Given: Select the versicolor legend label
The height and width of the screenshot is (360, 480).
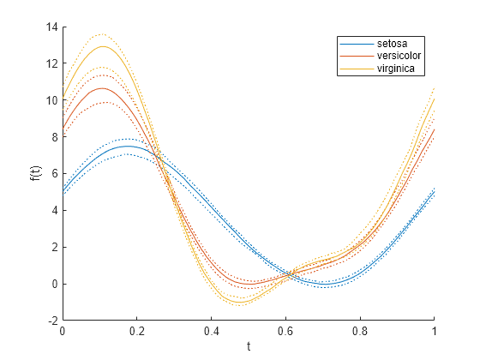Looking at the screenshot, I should (398, 56).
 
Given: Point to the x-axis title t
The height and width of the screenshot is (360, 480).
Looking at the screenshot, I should (249, 346).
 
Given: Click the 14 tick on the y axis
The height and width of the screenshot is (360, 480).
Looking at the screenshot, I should (51, 27).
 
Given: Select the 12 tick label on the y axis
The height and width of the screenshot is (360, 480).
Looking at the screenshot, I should (51, 63).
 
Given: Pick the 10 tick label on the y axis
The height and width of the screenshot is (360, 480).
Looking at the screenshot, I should (51, 100).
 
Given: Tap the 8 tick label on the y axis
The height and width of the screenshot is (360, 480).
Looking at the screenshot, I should (54, 137).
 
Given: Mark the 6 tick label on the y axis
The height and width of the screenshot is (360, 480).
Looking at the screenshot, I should (54, 174).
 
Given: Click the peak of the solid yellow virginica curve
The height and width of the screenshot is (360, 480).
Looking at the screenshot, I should (102, 46).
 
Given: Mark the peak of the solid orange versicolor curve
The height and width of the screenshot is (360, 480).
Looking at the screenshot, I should (103, 88).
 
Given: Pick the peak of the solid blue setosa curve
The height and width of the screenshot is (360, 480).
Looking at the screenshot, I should (127, 146).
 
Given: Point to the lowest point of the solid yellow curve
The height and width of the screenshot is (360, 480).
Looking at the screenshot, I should (237, 302).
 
